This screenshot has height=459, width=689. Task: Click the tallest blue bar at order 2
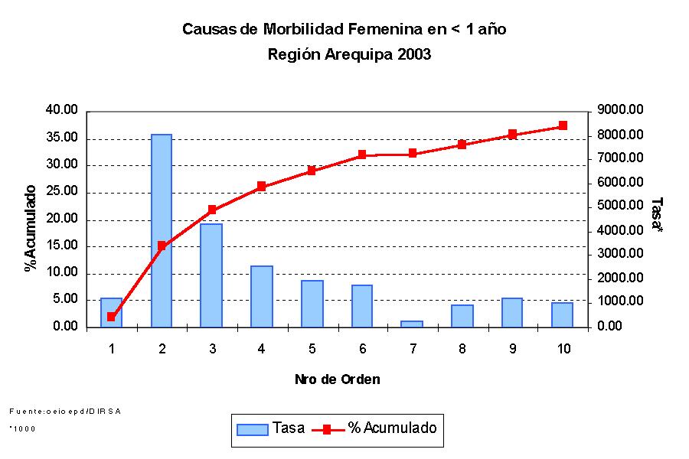point(162,229)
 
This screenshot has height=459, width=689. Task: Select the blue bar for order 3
point(211,275)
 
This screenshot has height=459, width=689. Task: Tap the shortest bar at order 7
point(412,324)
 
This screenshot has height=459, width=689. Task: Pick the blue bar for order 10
point(563,314)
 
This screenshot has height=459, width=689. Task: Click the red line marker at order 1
point(111,317)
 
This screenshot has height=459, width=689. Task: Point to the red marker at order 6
point(362,155)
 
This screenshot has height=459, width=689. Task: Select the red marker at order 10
point(563,125)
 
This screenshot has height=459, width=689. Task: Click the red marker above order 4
point(261,186)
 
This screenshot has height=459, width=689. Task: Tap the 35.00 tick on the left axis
point(62,138)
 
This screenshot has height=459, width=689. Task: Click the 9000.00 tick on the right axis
point(621,110)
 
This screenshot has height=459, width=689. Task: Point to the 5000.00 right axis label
point(621,206)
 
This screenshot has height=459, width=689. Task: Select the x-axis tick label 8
point(462,350)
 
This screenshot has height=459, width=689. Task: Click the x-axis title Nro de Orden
point(338,379)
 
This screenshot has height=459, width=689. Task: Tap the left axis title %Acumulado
point(31,228)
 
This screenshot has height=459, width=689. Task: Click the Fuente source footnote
point(65,411)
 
